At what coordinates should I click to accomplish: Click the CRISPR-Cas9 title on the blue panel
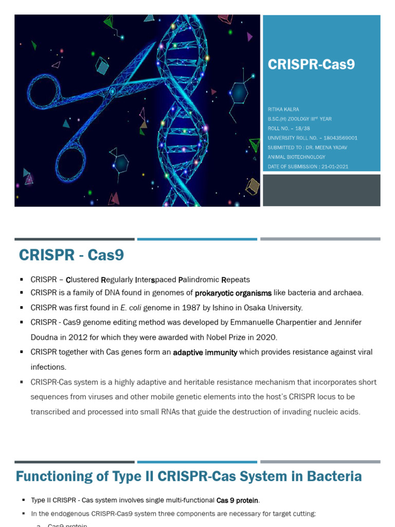tap(311, 64)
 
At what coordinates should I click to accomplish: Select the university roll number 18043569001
tap(338, 138)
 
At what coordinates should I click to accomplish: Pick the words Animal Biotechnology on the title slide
tap(296, 157)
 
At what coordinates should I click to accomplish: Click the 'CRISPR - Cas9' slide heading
tap(71, 255)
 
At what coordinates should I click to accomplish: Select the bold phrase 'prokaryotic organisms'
tap(233, 293)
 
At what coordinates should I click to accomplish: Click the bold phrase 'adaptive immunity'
tap(205, 353)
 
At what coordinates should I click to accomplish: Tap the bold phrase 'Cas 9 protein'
tap(238, 500)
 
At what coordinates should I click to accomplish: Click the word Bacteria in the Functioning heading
tap(334, 477)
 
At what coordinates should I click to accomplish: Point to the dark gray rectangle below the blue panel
tap(321, 190)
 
